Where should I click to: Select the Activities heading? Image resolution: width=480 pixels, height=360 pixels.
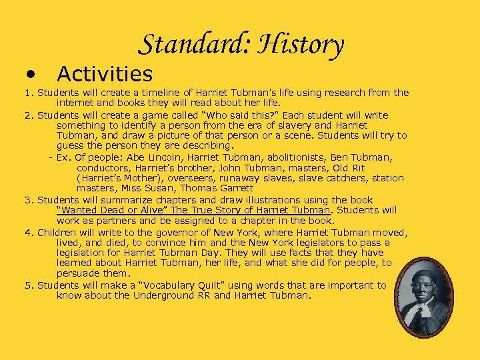[105, 73]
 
